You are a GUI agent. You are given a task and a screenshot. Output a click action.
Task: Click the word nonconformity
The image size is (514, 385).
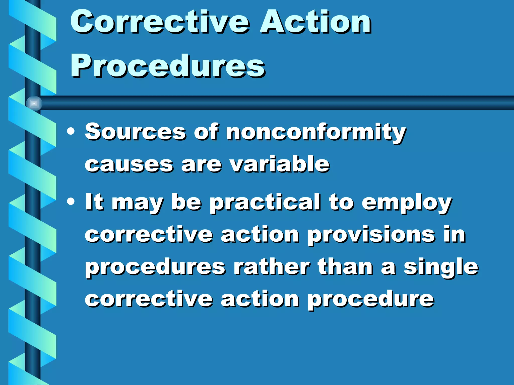pyautogui.click(x=316, y=132)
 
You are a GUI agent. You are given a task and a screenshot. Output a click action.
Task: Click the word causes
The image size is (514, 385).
pyautogui.click(x=129, y=165)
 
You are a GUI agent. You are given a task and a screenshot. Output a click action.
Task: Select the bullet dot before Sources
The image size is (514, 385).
pyautogui.click(x=71, y=132)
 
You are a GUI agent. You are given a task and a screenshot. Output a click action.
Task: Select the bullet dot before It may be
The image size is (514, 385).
pyautogui.click(x=71, y=202)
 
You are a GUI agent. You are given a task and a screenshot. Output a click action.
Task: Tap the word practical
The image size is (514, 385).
pyautogui.click(x=265, y=203)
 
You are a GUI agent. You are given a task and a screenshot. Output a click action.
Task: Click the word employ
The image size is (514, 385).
pyautogui.click(x=407, y=203)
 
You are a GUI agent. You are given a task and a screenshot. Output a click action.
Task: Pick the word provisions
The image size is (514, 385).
pyautogui.click(x=371, y=235)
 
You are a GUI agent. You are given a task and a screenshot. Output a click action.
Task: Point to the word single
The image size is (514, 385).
pyautogui.click(x=441, y=267)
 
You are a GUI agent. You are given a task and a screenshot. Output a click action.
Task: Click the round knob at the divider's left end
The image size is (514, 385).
pyautogui.click(x=34, y=103)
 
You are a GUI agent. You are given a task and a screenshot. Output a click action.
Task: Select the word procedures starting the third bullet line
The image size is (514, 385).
pyautogui.click(x=155, y=268)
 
